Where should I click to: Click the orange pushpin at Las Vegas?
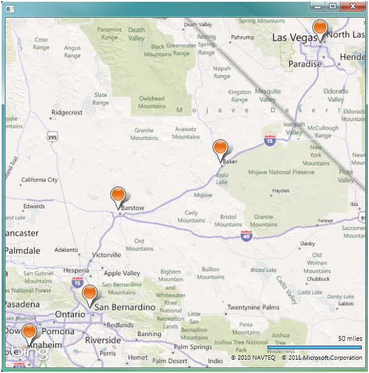pyautogui.click(x=320, y=28)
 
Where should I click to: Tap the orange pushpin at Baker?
pyautogui.click(x=220, y=148)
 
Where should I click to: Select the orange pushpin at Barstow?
pyautogui.click(x=119, y=196)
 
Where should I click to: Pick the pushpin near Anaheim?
pyautogui.click(x=28, y=333)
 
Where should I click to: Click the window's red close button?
pyautogui.click(x=353, y=6)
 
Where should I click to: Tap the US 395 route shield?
pyautogui.click(x=53, y=137)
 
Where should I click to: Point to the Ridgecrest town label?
pyautogui.click(x=67, y=113)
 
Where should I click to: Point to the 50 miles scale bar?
pyautogui.click(x=315, y=348)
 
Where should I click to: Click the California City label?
pyautogui.click(x=39, y=180)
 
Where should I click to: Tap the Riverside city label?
pyautogui.click(x=103, y=340)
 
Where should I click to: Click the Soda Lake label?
pyautogui.click(x=222, y=179)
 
